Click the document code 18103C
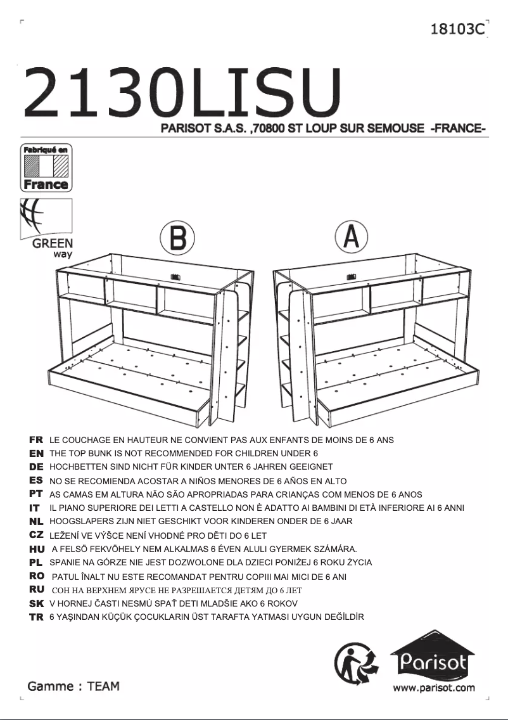coord(457,29)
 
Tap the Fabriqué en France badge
coord(46,167)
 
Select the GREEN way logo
coord(47,228)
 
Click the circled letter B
coord(177,238)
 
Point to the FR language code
coord(36,439)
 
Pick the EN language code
coord(36,453)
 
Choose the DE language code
coord(36,466)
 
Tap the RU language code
coord(36,589)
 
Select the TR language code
coord(36,617)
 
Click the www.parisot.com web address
coord(433,688)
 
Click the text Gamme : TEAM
coord(73,686)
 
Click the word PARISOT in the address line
coord(186,129)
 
